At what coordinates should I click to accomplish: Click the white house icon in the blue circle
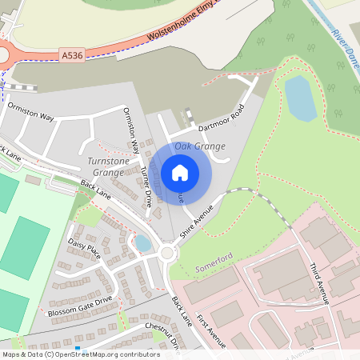tap(180, 172)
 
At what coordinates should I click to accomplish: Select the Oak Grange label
tap(199, 146)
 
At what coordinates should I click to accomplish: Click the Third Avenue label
tap(318, 282)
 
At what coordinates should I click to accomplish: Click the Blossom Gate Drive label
tap(80, 306)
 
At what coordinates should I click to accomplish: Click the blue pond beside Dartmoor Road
tap(300, 98)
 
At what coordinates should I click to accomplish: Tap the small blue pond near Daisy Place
tap(142, 242)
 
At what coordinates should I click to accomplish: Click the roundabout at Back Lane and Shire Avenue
tap(167, 254)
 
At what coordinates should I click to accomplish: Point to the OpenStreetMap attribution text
tap(81, 354)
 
